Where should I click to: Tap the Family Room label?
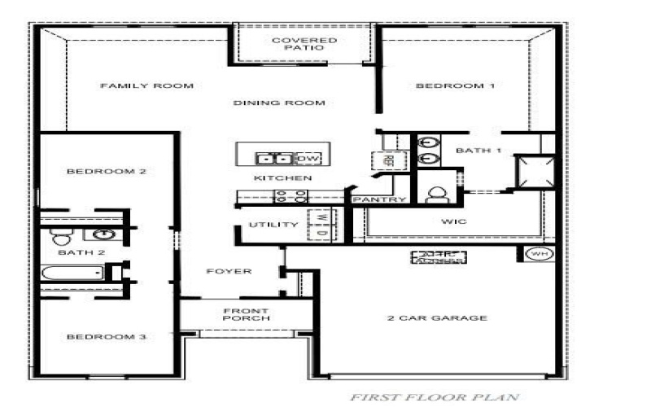(146, 85)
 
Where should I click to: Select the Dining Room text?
(279, 103)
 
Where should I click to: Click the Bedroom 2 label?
(106, 172)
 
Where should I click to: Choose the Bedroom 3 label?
(106, 337)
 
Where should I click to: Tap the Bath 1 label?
(478, 151)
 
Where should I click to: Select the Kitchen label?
(271, 178)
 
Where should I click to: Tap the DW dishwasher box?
(308, 158)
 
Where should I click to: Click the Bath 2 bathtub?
(72, 273)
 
